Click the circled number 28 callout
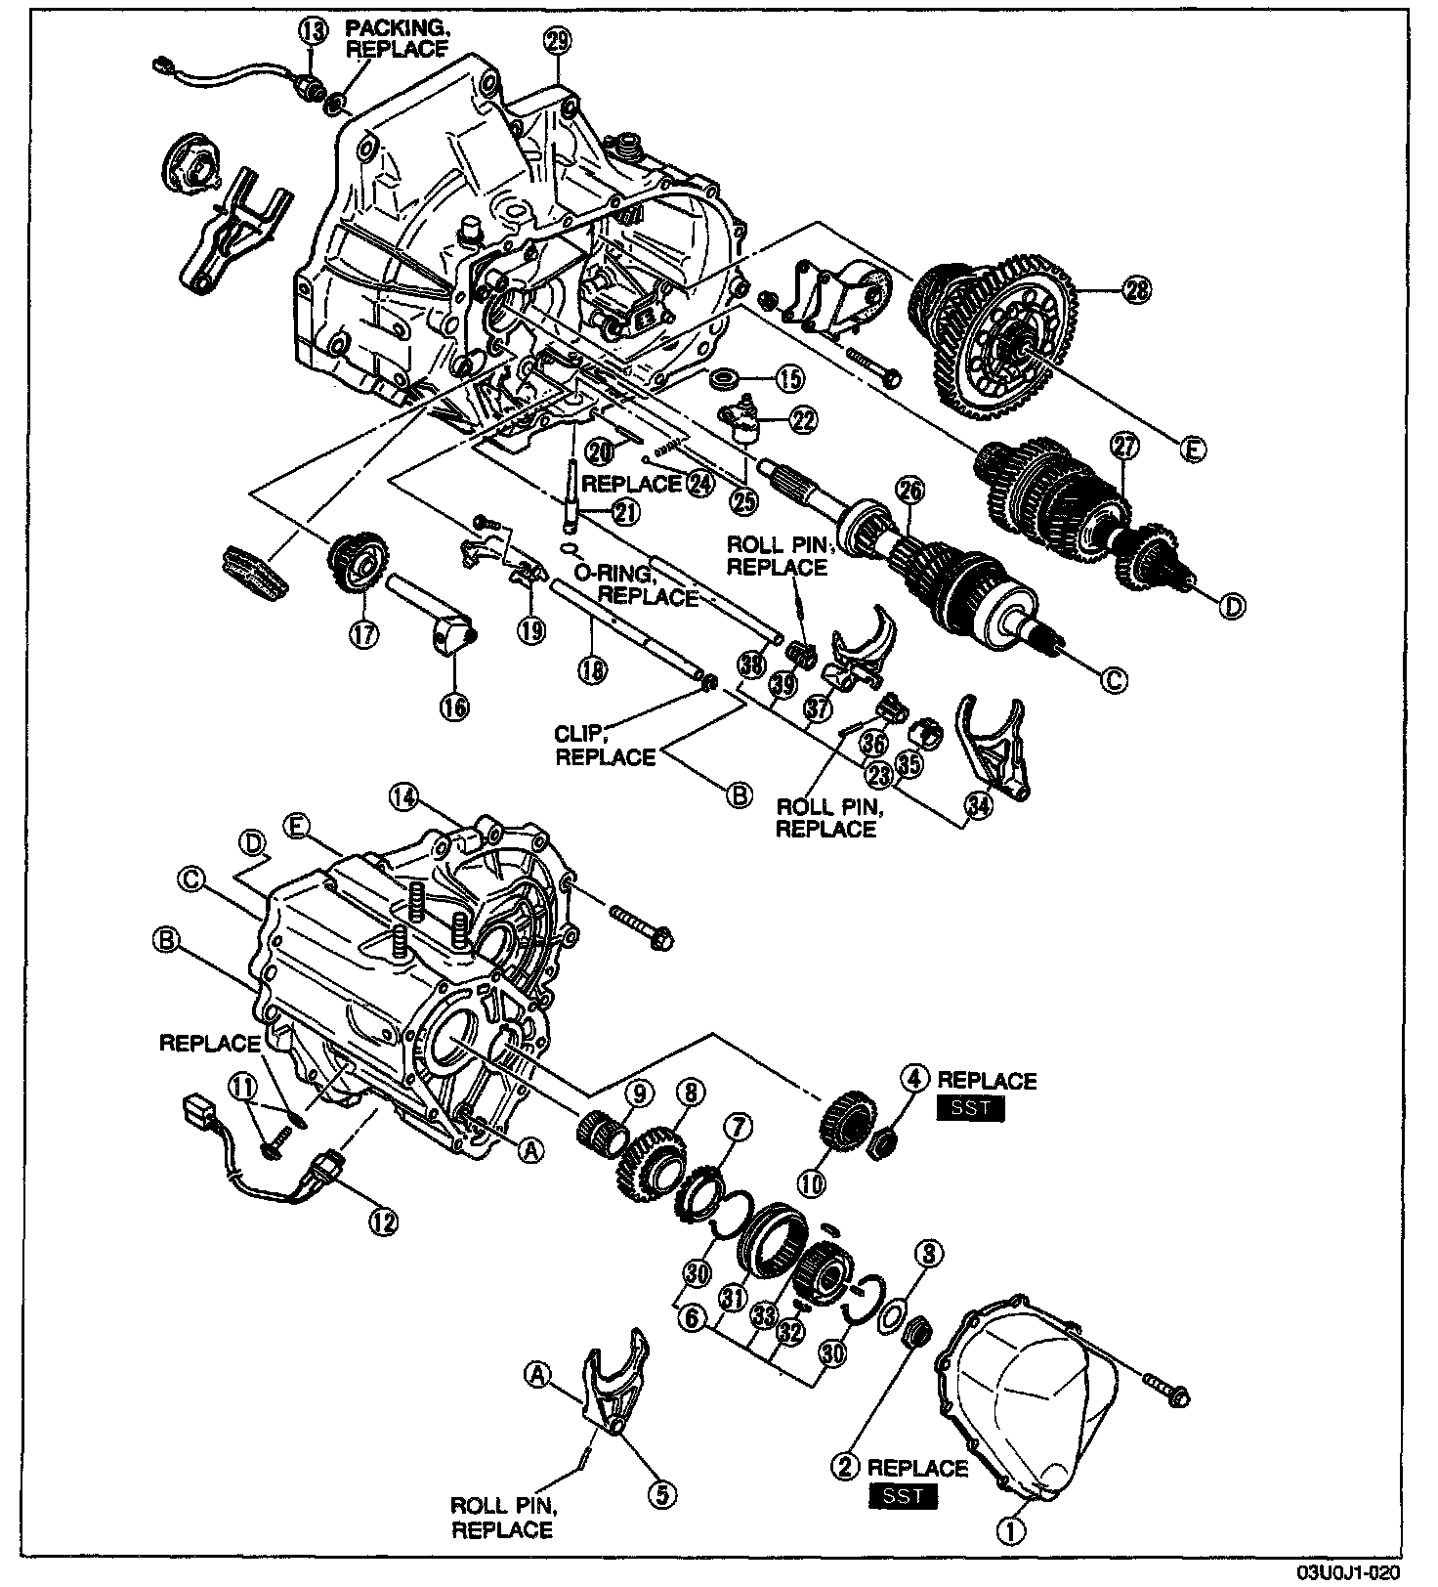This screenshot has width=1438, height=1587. pos(1137,290)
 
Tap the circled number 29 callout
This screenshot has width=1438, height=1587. pos(559,41)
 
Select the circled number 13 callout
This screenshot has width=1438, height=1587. pos(313,30)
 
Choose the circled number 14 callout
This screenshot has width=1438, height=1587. pos(404,797)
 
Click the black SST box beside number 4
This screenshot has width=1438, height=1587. pos(970,1109)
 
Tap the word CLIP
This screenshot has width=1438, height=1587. pos(575,734)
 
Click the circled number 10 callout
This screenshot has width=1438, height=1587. pos(812,1184)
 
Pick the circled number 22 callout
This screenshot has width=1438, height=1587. pos(805,420)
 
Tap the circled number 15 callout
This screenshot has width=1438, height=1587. pos(788,377)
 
